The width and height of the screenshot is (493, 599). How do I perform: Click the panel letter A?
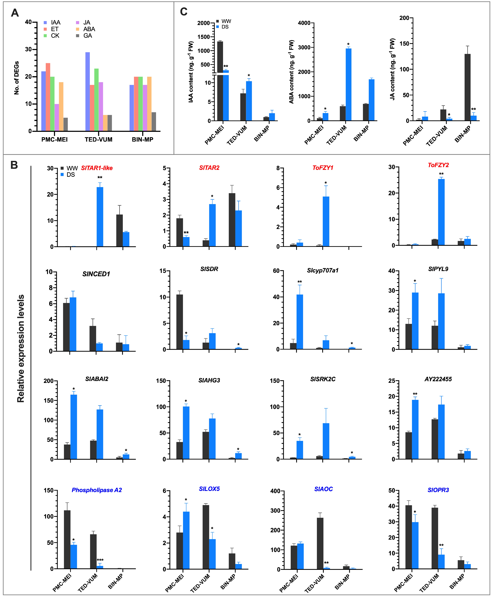click(15, 13)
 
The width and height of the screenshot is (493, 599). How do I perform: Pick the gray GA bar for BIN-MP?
click(154, 121)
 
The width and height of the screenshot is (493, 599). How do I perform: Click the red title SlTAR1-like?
click(97, 168)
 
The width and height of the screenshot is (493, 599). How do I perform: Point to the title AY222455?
click(438, 379)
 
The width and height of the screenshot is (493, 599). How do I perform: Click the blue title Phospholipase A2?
click(97, 490)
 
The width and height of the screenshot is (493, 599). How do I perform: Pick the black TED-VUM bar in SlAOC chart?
click(320, 543)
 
